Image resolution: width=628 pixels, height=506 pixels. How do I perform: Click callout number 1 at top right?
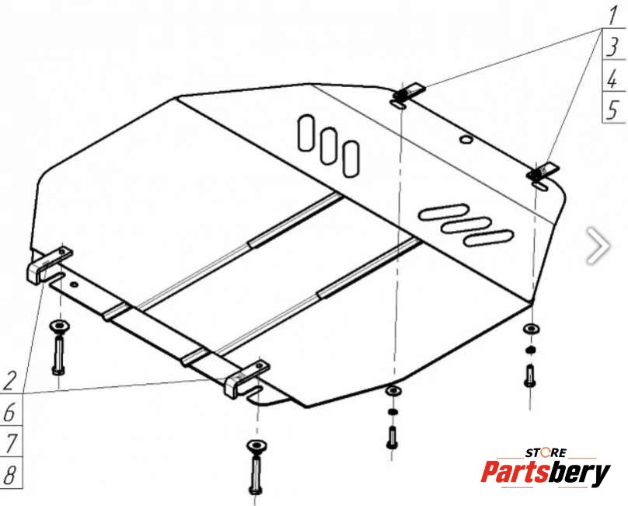pos(612,16)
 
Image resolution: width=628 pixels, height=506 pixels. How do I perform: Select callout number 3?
pos(612,47)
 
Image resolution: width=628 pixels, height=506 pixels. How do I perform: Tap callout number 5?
pos(612,110)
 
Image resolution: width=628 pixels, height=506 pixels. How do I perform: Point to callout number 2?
pos(9,381)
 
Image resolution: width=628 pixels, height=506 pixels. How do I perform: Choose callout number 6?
pos(9,412)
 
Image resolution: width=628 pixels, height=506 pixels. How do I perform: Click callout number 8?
pos(9,475)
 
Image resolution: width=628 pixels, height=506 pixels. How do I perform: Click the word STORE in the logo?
pos(546,453)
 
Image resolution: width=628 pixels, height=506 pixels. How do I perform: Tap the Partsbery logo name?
pos(546,473)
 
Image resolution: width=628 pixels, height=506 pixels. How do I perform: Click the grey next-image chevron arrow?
pos(598,246)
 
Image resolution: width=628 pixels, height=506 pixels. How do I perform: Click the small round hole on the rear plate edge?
pos(466,139)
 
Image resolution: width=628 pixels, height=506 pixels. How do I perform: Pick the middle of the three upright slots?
pos(329,146)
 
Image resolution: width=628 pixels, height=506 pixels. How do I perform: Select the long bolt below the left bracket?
pos(58,354)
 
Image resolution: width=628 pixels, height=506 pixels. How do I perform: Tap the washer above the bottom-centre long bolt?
pos(256,445)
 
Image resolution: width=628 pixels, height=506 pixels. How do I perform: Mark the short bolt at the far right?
pos(529,375)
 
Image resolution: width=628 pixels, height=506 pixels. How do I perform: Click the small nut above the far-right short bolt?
pos(530,350)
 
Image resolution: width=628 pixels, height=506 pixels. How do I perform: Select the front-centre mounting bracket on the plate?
pos(246,379)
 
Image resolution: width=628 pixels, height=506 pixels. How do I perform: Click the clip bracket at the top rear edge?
pos(408,92)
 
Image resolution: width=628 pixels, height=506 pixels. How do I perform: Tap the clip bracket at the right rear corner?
pos(543,172)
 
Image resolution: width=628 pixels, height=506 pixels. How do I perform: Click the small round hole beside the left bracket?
pos(74,284)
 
